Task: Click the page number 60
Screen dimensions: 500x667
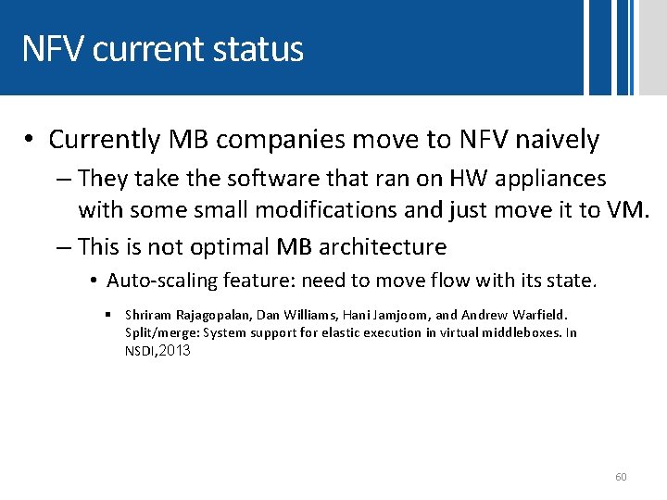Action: coord(621,477)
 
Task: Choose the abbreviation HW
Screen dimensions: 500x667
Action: coord(472,178)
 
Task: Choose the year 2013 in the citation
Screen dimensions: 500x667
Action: coord(174,350)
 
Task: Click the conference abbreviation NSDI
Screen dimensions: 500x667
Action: coord(140,351)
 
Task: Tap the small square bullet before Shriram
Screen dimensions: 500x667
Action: coord(109,315)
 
